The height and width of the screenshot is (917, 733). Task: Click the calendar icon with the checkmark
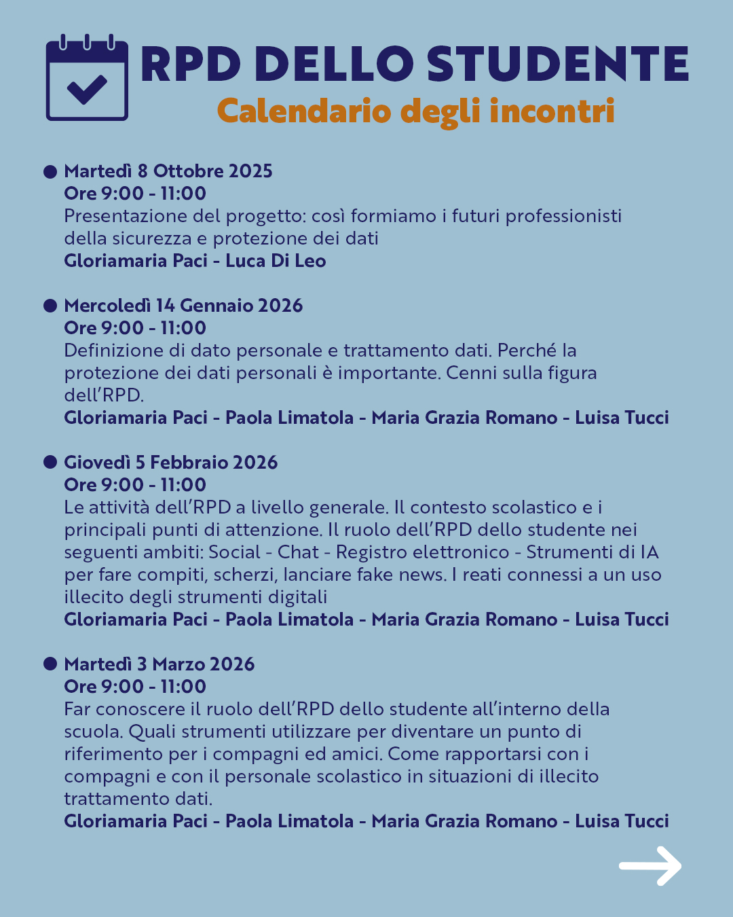87,77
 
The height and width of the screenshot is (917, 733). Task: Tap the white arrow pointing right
650,865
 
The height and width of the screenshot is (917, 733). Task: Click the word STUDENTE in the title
557,65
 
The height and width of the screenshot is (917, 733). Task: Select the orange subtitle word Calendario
303,111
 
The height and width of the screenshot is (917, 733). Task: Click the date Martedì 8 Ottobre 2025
168,171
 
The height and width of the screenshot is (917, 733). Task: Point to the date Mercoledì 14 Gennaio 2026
183,306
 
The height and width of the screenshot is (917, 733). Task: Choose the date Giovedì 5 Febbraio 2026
171,463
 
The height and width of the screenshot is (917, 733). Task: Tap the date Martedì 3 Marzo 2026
159,664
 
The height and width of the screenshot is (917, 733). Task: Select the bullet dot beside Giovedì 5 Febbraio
50,462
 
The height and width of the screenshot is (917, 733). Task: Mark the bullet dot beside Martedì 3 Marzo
50,664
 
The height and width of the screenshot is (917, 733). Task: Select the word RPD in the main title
191,65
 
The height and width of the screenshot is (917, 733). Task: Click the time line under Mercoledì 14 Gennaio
135,328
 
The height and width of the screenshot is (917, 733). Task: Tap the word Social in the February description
234,552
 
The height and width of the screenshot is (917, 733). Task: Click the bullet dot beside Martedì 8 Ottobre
50,171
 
